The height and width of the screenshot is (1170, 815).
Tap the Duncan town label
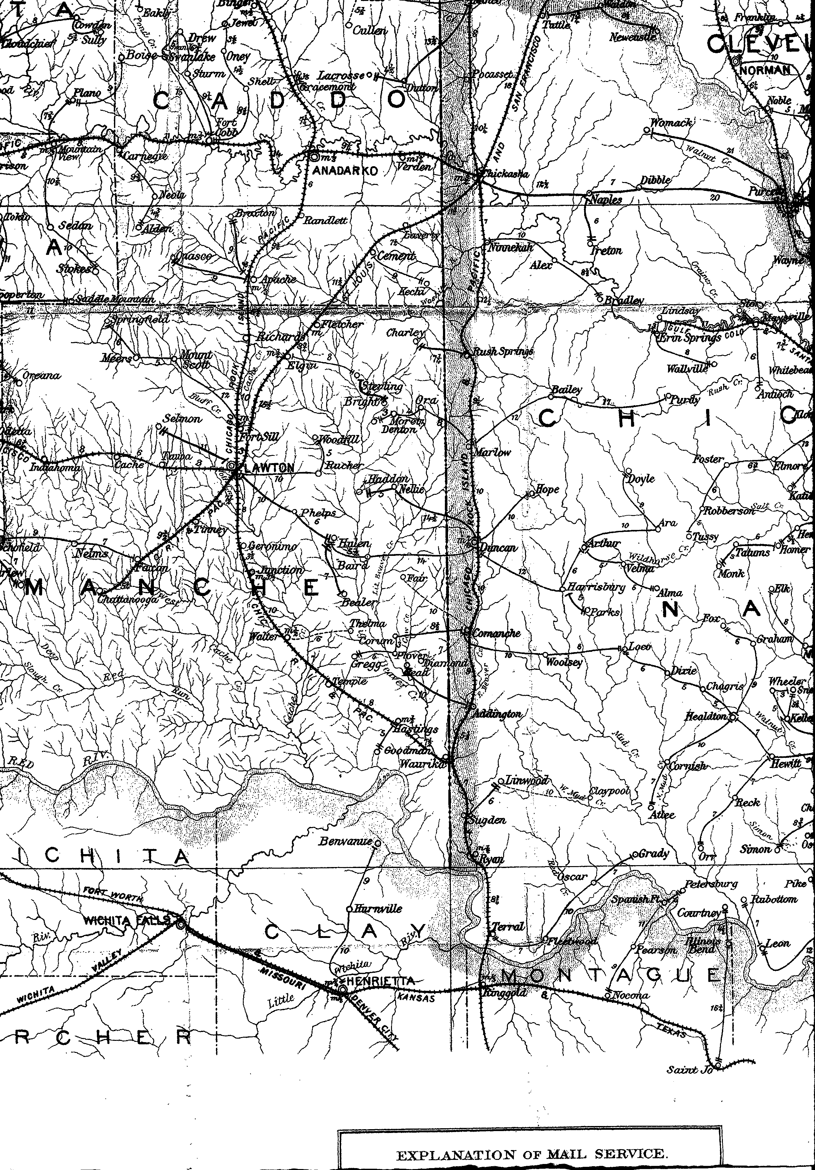498,547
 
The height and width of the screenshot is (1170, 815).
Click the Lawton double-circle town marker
231,465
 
